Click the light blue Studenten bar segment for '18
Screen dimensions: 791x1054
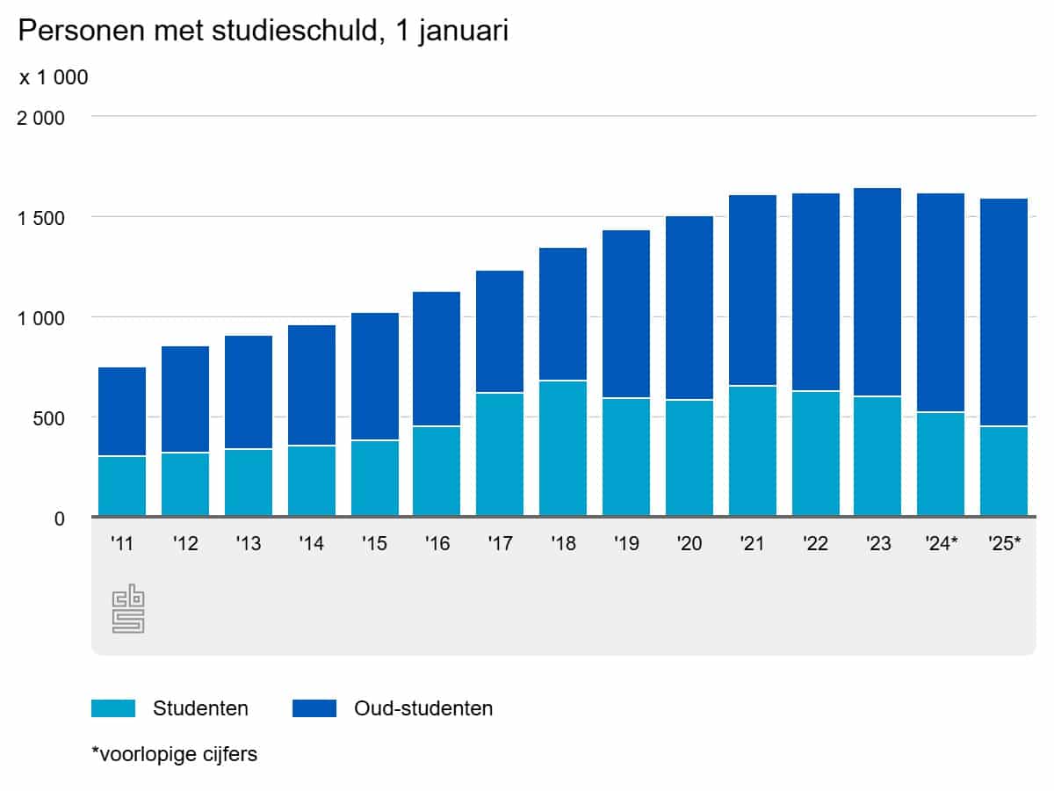tap(563, 448)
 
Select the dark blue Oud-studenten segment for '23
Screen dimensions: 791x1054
tap(877, 293)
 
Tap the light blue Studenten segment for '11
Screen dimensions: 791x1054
tap(122, 486)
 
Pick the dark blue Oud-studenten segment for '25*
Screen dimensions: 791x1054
tap(1004, 313)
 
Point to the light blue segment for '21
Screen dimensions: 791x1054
tap(753, 451)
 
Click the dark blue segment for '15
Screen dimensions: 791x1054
tap(375, 377)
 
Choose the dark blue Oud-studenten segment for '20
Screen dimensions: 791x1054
tap(689, 308)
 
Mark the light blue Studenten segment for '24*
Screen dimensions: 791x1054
tap(941, 464)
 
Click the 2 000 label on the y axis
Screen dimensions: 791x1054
tap(41, 118)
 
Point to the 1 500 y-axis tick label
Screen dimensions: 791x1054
tap(41, 218)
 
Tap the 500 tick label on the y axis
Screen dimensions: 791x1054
tap(48, 418)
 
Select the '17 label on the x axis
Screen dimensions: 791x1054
tap(500, 544)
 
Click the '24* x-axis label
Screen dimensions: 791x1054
tap(941, 544)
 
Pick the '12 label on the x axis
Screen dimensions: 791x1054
tap(185, 544)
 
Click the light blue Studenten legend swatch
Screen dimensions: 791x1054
tap(113, 708)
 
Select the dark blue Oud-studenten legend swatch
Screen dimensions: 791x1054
tap(314, 708)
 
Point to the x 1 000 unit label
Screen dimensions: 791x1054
tap(54, 77)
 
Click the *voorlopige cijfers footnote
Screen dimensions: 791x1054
tap(174, 754)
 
